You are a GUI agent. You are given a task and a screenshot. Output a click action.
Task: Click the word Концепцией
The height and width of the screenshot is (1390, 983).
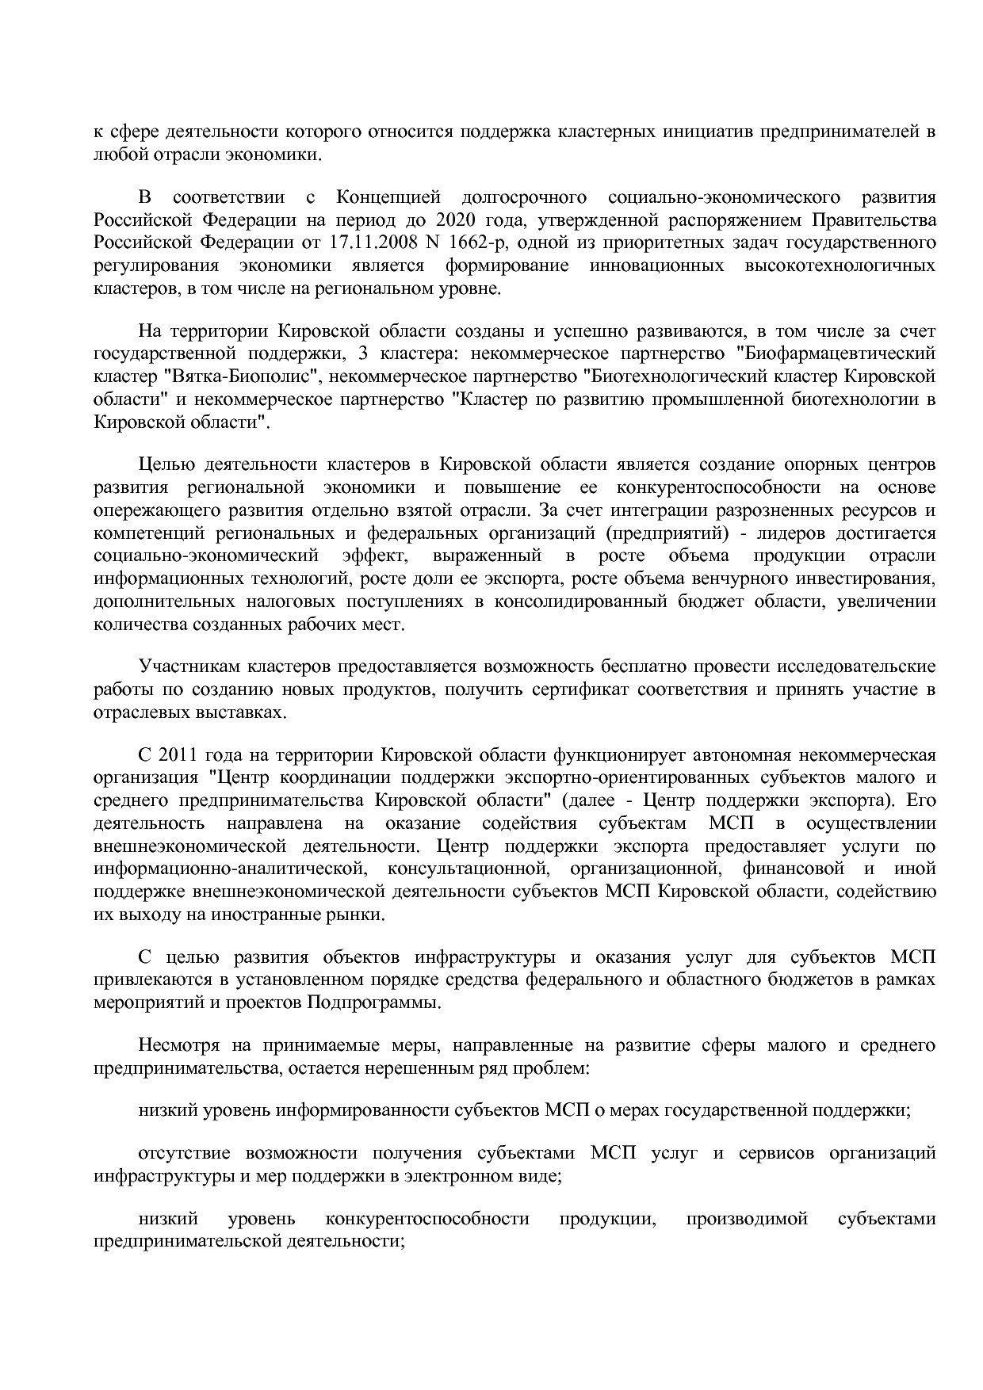pos(385,197)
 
